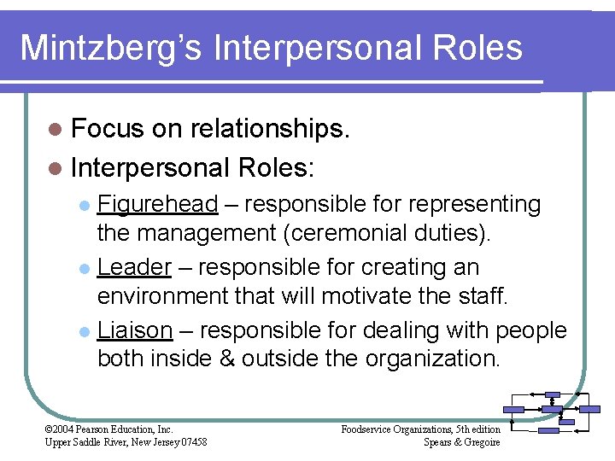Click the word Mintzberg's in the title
(x=110, y=47)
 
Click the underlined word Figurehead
(x=158, y=205)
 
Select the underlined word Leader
(x=135, y=267)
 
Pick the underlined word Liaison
(x=136, y=330)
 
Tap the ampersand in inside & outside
(x=226, y=357)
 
